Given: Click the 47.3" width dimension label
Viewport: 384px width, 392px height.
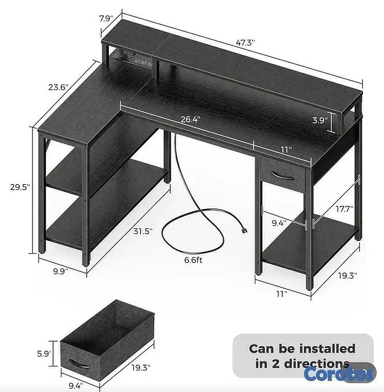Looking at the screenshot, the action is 245,43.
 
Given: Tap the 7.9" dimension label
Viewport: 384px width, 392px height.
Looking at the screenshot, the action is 106,19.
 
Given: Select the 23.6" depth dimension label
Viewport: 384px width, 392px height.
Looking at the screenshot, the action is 58,87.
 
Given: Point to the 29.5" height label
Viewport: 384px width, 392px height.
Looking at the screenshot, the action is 20,187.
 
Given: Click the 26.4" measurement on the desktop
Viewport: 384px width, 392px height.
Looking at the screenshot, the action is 191,119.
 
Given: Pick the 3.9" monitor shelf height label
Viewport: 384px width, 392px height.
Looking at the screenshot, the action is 320,120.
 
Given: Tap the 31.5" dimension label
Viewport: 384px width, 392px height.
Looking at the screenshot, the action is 143,231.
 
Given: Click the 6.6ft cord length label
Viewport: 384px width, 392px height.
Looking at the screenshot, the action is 193,260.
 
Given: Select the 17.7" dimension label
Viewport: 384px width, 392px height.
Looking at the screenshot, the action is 344,209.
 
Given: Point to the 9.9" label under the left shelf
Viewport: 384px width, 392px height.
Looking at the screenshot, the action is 61,271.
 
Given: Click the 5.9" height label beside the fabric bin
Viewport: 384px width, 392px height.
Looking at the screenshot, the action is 44,354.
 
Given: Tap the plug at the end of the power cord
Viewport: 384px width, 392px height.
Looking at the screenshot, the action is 244,231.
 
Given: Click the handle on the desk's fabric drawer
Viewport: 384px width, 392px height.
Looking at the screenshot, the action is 283,175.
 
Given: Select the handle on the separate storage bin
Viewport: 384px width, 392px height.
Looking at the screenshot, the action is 79,364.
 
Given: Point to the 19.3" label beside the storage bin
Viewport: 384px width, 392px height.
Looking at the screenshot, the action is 141,368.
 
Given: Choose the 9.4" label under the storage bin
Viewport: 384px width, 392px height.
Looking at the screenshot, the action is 76,386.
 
